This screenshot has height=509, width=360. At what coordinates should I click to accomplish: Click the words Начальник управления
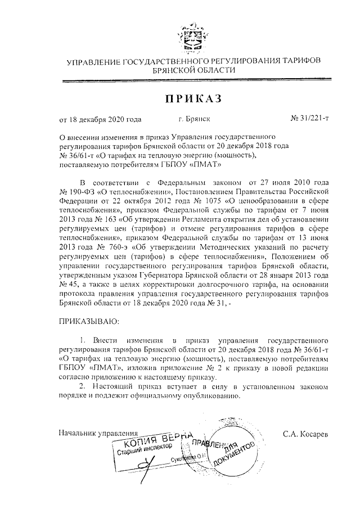[98, 434]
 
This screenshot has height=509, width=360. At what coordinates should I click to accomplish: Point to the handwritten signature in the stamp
[147, 467]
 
